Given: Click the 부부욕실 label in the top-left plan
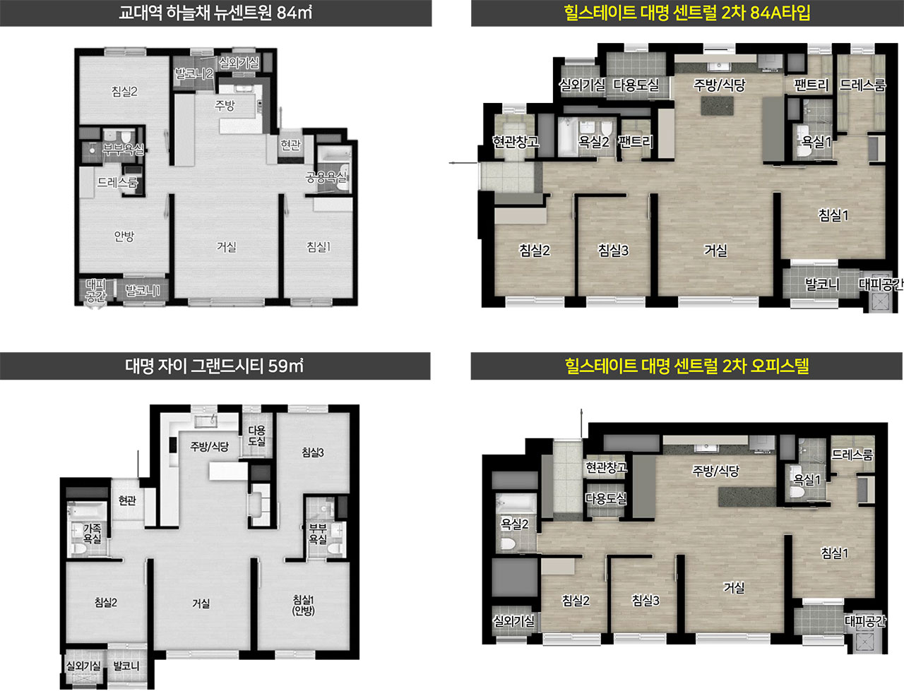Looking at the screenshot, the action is tap(123, 149).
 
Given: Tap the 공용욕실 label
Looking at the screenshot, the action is tap(326, 177).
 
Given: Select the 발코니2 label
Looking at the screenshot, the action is tap(194, 73).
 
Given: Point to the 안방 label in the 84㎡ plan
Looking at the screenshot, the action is tap(124, 236).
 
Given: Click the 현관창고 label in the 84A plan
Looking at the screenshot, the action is tap(516, 142).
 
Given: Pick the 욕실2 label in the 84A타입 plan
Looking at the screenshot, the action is tap(593, 142).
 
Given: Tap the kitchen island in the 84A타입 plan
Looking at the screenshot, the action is tap(718, 106).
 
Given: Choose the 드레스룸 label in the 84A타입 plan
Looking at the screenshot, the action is tap(862, 85).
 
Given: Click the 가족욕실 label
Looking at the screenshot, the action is tap(92, 534).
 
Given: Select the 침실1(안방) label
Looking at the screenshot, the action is tap(303, 605).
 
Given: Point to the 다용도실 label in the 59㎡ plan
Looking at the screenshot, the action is tap(256, 435).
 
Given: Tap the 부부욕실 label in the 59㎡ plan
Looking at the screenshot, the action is tap(318, 534).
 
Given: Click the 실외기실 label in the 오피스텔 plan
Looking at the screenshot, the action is tap(513, 620).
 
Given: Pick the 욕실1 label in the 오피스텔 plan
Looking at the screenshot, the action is tap(807, 479).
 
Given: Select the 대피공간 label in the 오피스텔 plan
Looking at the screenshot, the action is tap(865, 620).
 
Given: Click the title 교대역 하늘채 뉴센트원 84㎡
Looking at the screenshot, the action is tap(215, 13).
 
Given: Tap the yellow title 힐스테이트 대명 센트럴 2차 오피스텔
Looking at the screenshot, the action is tap(687, 366).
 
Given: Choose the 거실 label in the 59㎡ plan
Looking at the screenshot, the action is tap(201, 603).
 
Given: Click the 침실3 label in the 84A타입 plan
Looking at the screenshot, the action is tap(613, 251).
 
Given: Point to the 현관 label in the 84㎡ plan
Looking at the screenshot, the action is tap(291, 145).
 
